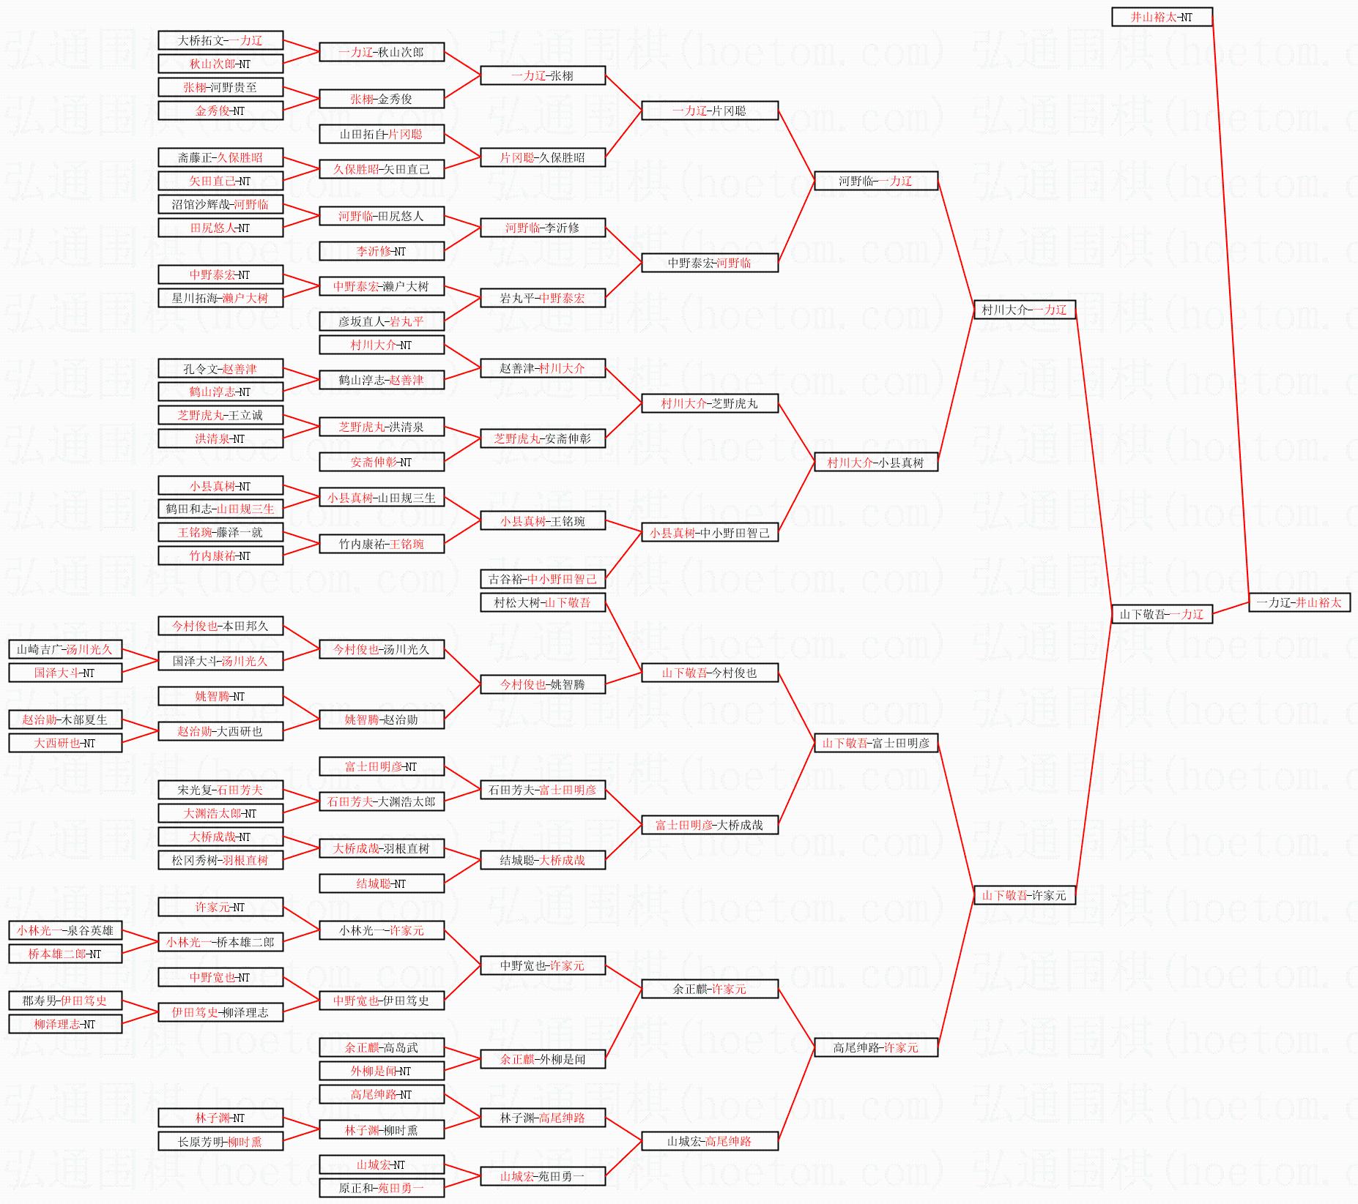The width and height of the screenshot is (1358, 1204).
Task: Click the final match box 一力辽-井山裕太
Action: coord(1299,602)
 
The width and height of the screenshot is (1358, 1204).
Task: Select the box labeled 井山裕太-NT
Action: coord(1162,17)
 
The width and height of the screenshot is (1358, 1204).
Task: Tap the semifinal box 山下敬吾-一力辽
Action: coord(1162,614)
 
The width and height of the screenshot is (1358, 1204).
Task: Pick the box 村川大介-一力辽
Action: coord(1024,310)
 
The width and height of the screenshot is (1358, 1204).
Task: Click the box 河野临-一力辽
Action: coord(876,181)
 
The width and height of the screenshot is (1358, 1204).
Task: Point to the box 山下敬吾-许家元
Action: coord(1024,895)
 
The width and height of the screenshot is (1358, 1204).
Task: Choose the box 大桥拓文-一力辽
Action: coord(220,40)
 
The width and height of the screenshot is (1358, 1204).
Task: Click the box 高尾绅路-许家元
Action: coord(876,1047)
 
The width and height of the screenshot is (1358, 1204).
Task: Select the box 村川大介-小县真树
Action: coord(876,462)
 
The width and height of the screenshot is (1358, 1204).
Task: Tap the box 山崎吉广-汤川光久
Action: coord(65,649)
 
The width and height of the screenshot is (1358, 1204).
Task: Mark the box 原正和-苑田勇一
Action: coord(382,1188)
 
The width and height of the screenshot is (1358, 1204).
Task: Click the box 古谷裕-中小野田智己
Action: coord(543,579)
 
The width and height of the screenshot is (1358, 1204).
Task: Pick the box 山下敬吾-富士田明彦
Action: coord(876,743)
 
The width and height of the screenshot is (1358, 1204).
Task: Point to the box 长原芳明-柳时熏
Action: coord(220,1141)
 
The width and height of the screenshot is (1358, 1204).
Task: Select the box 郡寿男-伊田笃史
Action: coord(65,1001)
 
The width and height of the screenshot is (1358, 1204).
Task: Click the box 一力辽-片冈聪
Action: coord(710,111)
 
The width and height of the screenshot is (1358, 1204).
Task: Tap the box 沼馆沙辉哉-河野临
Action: coord(220,204)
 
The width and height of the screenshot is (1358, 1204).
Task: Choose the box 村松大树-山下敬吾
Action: coord(543,602)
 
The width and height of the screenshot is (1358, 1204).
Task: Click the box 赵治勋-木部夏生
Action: coord(65,719)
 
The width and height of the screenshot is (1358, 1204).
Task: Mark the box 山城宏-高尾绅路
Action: coord(710,1141)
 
